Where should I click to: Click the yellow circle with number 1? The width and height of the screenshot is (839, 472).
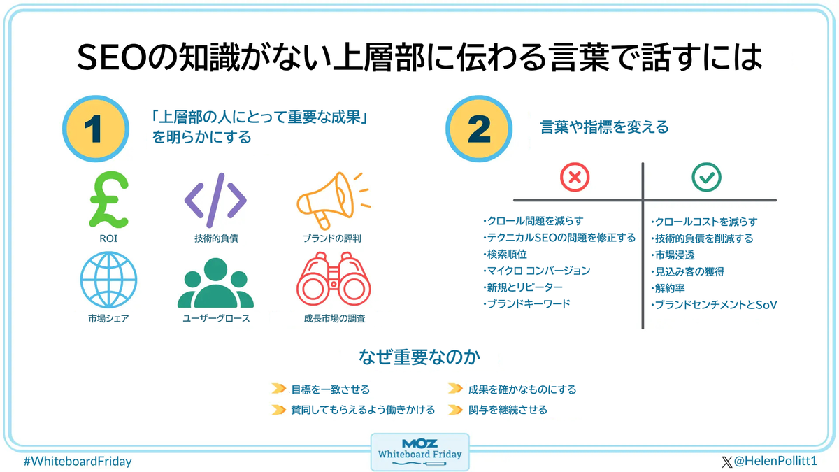tap(96, 130)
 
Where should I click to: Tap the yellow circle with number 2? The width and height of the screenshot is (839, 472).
tap(478, 130)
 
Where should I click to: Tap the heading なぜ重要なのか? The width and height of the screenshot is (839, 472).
tap(419, 357)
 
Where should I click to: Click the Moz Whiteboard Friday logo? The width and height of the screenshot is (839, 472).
tap(419, 452)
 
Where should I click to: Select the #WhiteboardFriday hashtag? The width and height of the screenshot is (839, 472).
tap(77, 462)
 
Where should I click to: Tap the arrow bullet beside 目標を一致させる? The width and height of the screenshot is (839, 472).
tap(278, 389)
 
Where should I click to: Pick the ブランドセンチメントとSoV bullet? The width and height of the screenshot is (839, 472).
tap(715, 304)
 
